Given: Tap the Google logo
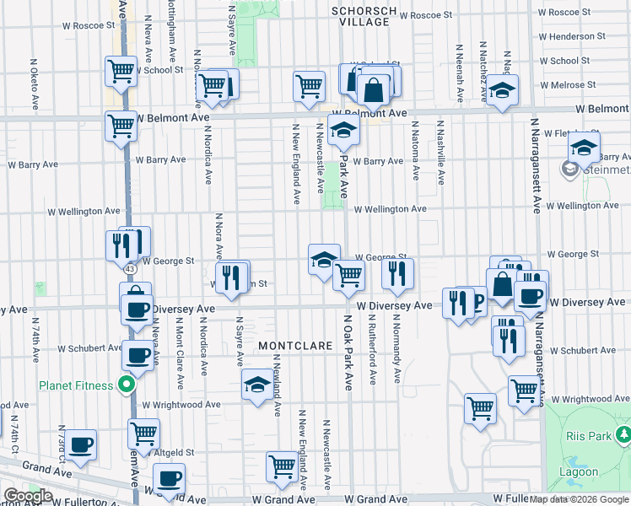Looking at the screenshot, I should coord(28,496).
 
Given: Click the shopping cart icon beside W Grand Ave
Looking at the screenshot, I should coord(283,466).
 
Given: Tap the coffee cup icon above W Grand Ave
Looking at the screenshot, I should coord(170,478).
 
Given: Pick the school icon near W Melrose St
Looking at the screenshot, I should coord(503,91).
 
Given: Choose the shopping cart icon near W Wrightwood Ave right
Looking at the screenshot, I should coord(524,390).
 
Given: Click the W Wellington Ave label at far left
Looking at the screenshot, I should coord(89,211).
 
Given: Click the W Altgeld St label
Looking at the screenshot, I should coord(176,453).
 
